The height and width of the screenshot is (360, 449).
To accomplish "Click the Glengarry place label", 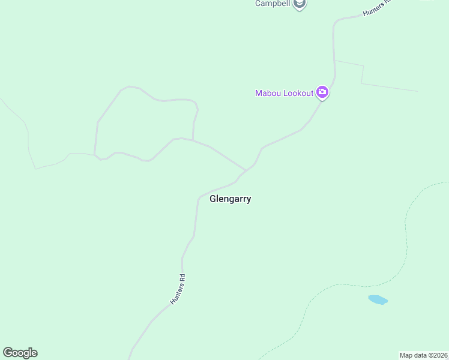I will (230, 199).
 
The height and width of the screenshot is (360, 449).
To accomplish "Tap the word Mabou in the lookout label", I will (268, 93).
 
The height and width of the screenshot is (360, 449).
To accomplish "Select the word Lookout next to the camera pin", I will (298, 93).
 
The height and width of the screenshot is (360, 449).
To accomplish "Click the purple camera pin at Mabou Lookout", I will (322, 92).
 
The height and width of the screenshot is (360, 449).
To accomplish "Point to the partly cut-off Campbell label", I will (273, 4).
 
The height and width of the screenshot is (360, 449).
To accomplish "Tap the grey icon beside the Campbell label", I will (299, 4).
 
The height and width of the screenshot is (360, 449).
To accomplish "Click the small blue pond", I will (378, 299).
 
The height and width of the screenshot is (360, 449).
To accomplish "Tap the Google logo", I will (20, 353).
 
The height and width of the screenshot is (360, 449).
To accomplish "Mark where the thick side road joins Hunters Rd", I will (245, 170).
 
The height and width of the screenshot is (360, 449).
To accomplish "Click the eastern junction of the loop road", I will (193, 140).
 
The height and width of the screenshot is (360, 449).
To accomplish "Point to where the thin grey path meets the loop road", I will (94, 154).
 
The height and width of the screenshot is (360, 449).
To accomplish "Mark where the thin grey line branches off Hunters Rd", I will (335, 61).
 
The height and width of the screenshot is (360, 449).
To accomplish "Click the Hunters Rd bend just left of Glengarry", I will (198, 197).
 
